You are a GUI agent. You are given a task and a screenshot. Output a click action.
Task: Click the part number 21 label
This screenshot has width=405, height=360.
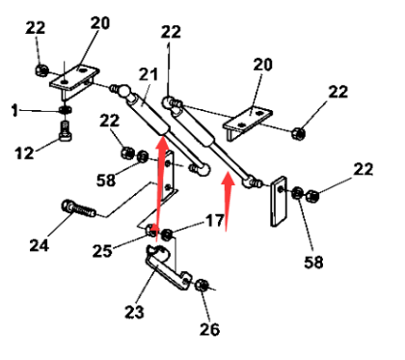tap(148, 74)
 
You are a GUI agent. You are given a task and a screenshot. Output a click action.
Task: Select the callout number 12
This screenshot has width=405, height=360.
tap(24, 152)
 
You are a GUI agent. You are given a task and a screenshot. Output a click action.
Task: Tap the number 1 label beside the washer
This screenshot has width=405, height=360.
tap(14, 111)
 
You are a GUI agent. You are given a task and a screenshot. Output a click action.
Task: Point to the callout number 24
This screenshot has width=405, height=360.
tap(39, 245)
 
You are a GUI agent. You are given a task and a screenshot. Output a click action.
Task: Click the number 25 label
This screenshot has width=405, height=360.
tap(102, 251)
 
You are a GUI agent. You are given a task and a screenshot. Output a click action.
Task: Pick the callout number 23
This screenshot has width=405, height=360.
tap(134, 312)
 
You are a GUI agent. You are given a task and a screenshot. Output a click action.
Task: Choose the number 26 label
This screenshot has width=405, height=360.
tap(209, 329)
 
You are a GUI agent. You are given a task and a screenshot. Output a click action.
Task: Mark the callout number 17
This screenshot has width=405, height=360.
tap(214, 221)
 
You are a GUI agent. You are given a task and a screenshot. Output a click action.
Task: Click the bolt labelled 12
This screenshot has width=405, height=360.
tap(66, 131)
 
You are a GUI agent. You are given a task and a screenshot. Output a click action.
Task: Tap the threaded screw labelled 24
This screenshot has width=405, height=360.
tap(79, 208)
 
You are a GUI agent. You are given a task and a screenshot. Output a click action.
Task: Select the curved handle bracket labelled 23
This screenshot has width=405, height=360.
tap(168, 267)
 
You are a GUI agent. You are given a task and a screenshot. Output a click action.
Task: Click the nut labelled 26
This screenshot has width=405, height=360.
tap(202, 285)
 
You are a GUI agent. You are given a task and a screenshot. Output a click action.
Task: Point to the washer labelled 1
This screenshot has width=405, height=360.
tap(66, 110)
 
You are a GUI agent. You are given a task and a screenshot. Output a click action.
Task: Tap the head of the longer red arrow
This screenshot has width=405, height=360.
tap(162, 143)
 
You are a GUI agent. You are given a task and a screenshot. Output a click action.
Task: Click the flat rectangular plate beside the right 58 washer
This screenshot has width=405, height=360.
tap(279, 202)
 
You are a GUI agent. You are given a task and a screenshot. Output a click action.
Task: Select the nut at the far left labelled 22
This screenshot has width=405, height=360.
tap(41, 69)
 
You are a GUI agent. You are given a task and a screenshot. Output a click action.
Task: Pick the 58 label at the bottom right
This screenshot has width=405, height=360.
tap(313, 262)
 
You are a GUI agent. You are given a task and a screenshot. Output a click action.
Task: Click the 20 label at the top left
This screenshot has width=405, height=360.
tap(100, 23)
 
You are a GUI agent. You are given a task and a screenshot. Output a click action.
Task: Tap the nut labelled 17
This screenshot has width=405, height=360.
tap(167, 235)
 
